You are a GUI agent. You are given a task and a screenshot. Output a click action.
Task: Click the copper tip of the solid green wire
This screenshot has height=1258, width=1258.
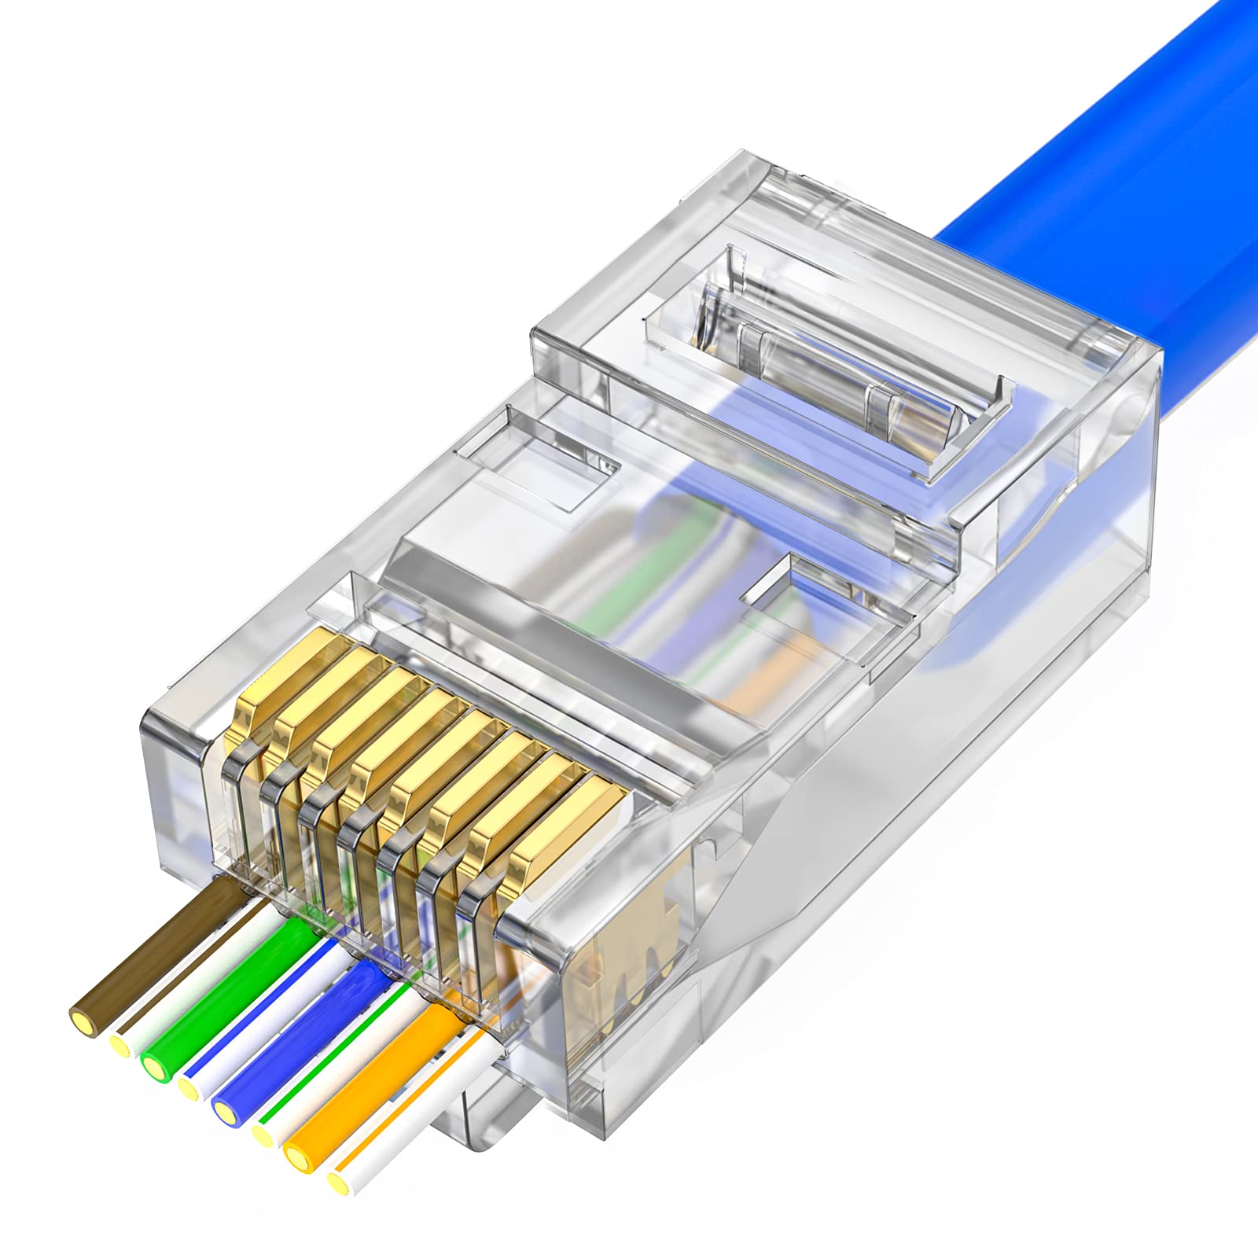pos(153,1065)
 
